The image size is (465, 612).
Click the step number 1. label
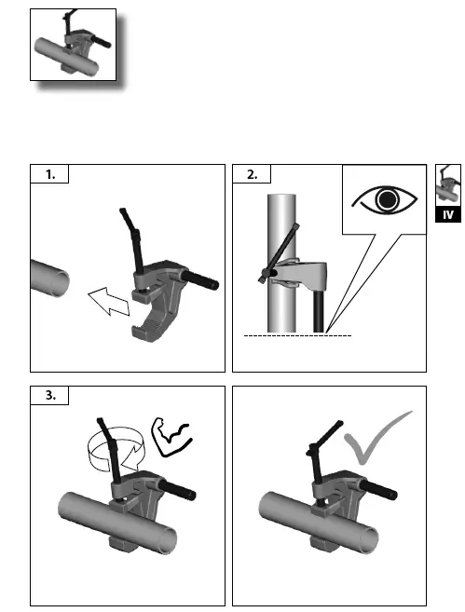pos(50,174)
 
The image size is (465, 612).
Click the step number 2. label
pos(253,174)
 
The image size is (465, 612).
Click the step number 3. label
pos(50,395)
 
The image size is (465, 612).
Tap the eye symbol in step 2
pos(385,199)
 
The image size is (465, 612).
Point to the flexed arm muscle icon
pos(171,437)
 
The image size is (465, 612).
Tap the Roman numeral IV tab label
pos(448,214)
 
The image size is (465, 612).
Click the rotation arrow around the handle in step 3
pos(116,449)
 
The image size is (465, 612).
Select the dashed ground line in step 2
pos(297,335)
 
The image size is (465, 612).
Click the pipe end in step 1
pos(58,280)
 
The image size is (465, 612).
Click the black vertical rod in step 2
pos(319,311)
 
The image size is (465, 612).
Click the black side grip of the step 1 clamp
pos(200,279)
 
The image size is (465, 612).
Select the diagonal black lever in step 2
pos(279,252)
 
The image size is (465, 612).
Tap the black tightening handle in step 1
pos(132,240)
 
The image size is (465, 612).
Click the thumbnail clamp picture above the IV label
pos(448,185)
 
